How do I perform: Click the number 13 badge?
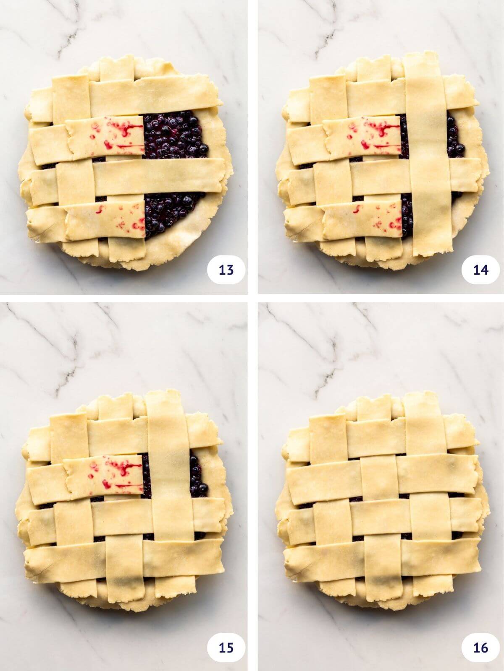tap(226, 270)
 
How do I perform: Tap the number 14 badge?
tap(480, 270)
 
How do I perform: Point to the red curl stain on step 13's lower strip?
tap(100, 210)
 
